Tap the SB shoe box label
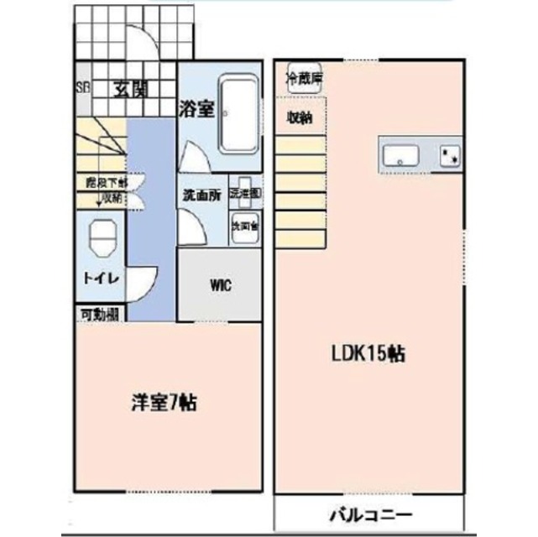[x=81, y=88]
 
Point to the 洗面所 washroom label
[x=202, y=195]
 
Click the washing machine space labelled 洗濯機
[x=246, y=191]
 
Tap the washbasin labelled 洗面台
[x=245, y=227]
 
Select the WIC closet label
[x=220, y=284]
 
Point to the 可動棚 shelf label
[x=99, y=315]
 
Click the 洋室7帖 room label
[x=164, y=403]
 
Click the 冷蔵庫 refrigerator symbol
[x=304, y=79]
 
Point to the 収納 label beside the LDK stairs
[x=300, y=117]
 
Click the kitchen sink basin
[x=400, y=154]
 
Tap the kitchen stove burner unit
[x=451, y=154]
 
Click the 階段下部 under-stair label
[x=107, y=181]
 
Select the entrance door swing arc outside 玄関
[x=139, y=38]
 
